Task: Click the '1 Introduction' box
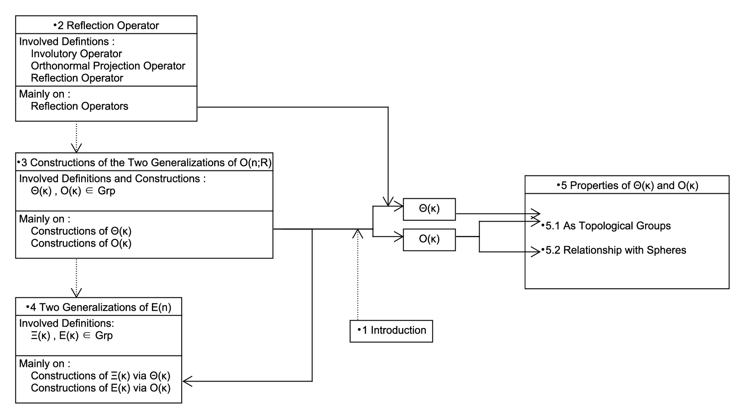(x=391, y=331)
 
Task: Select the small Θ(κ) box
(x=429, y=209)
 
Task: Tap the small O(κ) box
(x=429, y=239)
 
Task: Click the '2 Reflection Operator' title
(x=106, y=26)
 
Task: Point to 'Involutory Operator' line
(x=76, y=53)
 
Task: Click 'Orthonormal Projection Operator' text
(x=108, y=66)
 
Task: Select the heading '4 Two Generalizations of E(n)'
(x=99, y=307)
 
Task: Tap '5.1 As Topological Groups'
(x=606, y=226)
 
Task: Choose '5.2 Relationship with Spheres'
(x=613, y=250)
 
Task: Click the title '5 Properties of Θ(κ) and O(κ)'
(x=627, y=186)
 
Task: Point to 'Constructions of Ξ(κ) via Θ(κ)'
(x=100, y=376)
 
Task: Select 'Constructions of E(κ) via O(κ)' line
(x=100, y=388)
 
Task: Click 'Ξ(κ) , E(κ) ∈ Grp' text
(x=72, y=335)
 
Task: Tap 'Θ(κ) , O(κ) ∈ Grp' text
(x=73, y=191)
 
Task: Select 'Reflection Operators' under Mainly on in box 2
(x=79, y=106)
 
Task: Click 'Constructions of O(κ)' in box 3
(x=81, y=244)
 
